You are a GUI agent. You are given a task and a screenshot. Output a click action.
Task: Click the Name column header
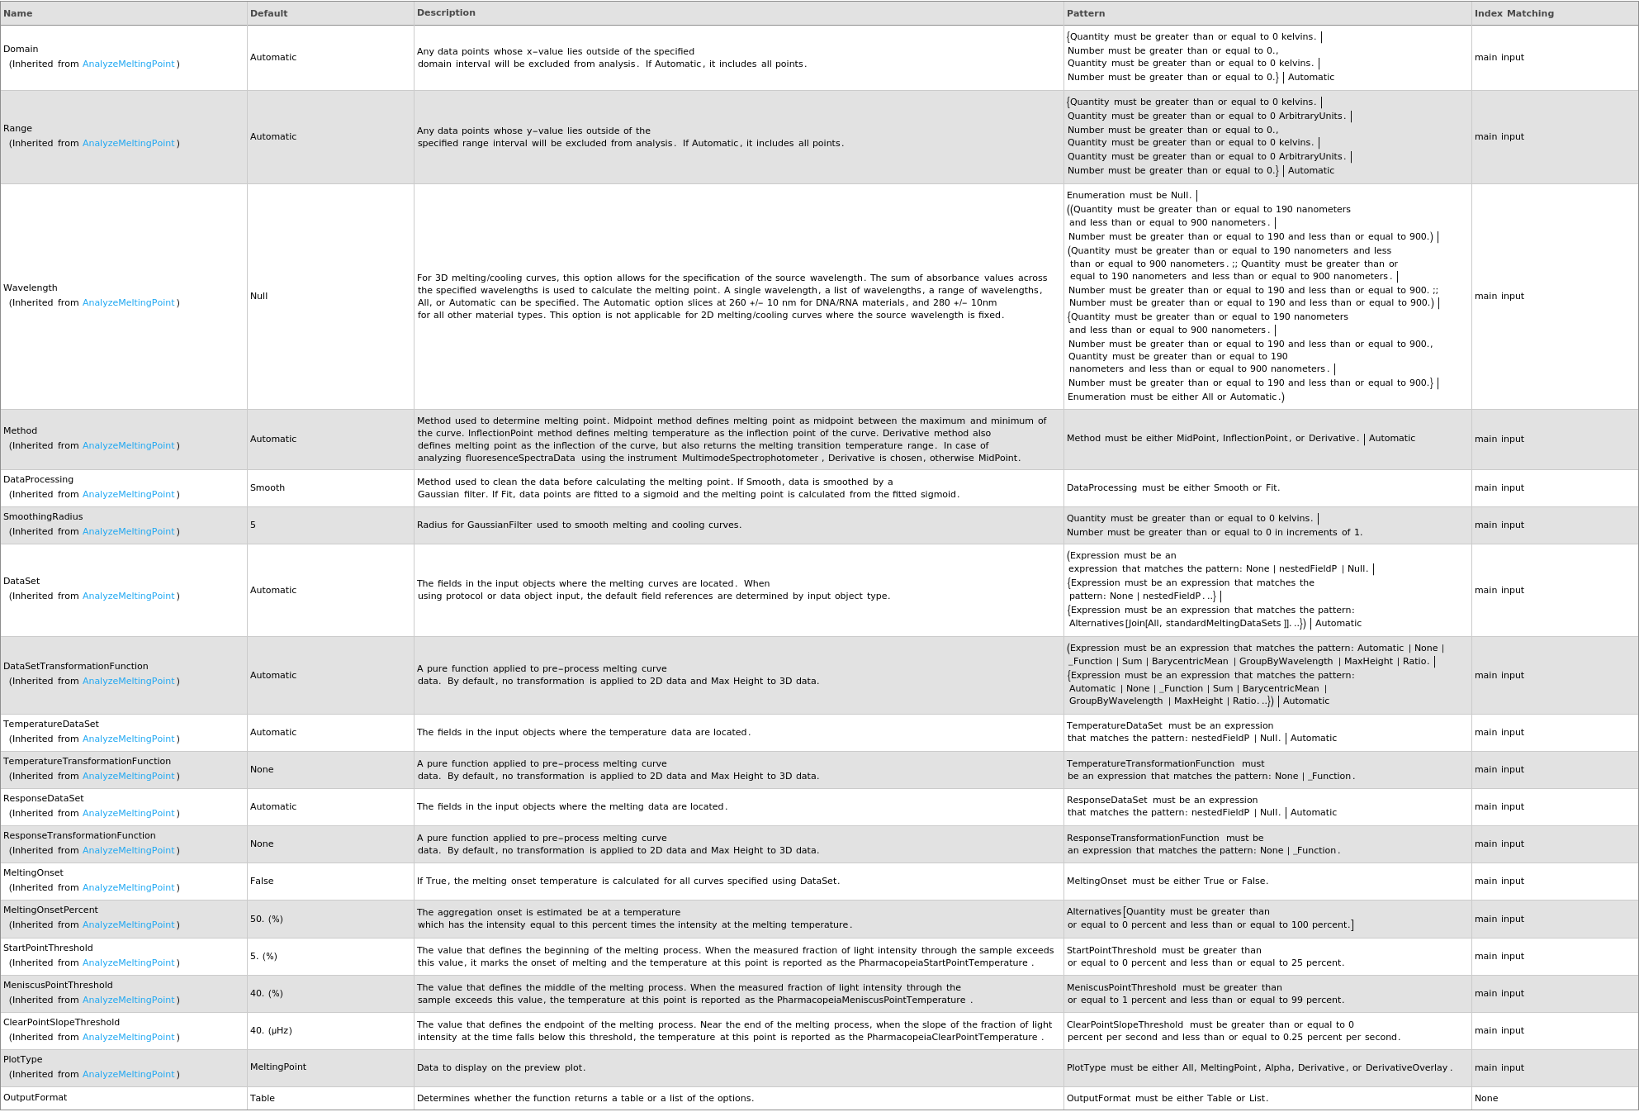18,13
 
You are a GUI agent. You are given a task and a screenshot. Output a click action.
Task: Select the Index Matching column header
1513,13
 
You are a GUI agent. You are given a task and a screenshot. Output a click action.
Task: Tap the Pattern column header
1086,13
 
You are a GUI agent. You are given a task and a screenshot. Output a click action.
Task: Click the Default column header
268,13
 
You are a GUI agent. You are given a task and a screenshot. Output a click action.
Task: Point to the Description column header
446,13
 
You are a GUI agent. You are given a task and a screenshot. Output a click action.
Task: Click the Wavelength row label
31,288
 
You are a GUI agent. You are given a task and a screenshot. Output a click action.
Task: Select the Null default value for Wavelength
259,297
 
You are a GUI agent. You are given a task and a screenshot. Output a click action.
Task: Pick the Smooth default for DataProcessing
268,488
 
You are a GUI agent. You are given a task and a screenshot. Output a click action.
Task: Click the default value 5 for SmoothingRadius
253,525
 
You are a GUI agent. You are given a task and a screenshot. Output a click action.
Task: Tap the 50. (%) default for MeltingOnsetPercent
267,920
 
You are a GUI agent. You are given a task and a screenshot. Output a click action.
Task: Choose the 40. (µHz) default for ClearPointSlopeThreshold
271,1031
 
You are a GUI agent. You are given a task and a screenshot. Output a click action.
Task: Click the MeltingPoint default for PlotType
278,1067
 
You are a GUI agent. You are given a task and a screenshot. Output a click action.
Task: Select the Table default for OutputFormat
263,1099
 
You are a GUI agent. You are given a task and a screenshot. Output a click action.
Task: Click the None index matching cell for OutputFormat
1486,1099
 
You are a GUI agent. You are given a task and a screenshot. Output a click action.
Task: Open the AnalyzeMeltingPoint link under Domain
129,64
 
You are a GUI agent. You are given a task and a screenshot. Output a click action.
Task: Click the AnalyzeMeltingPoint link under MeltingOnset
129,888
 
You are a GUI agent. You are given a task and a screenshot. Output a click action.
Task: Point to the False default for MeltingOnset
262,882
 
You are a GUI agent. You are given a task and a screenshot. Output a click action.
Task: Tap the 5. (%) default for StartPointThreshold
263,957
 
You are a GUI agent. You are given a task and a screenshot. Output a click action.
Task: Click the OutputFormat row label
36,1098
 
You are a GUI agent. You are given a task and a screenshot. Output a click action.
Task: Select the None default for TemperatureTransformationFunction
262,770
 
